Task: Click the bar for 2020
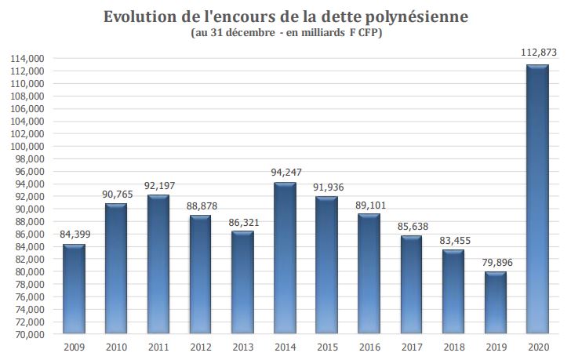[537, 199]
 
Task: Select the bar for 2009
[74, 289]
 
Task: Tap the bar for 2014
[285, 258]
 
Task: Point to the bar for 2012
[200, 275]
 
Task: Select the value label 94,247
[285, 172]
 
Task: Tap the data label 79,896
[495, 262]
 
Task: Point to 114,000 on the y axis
[28, 59]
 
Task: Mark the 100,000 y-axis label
[28, 147]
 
